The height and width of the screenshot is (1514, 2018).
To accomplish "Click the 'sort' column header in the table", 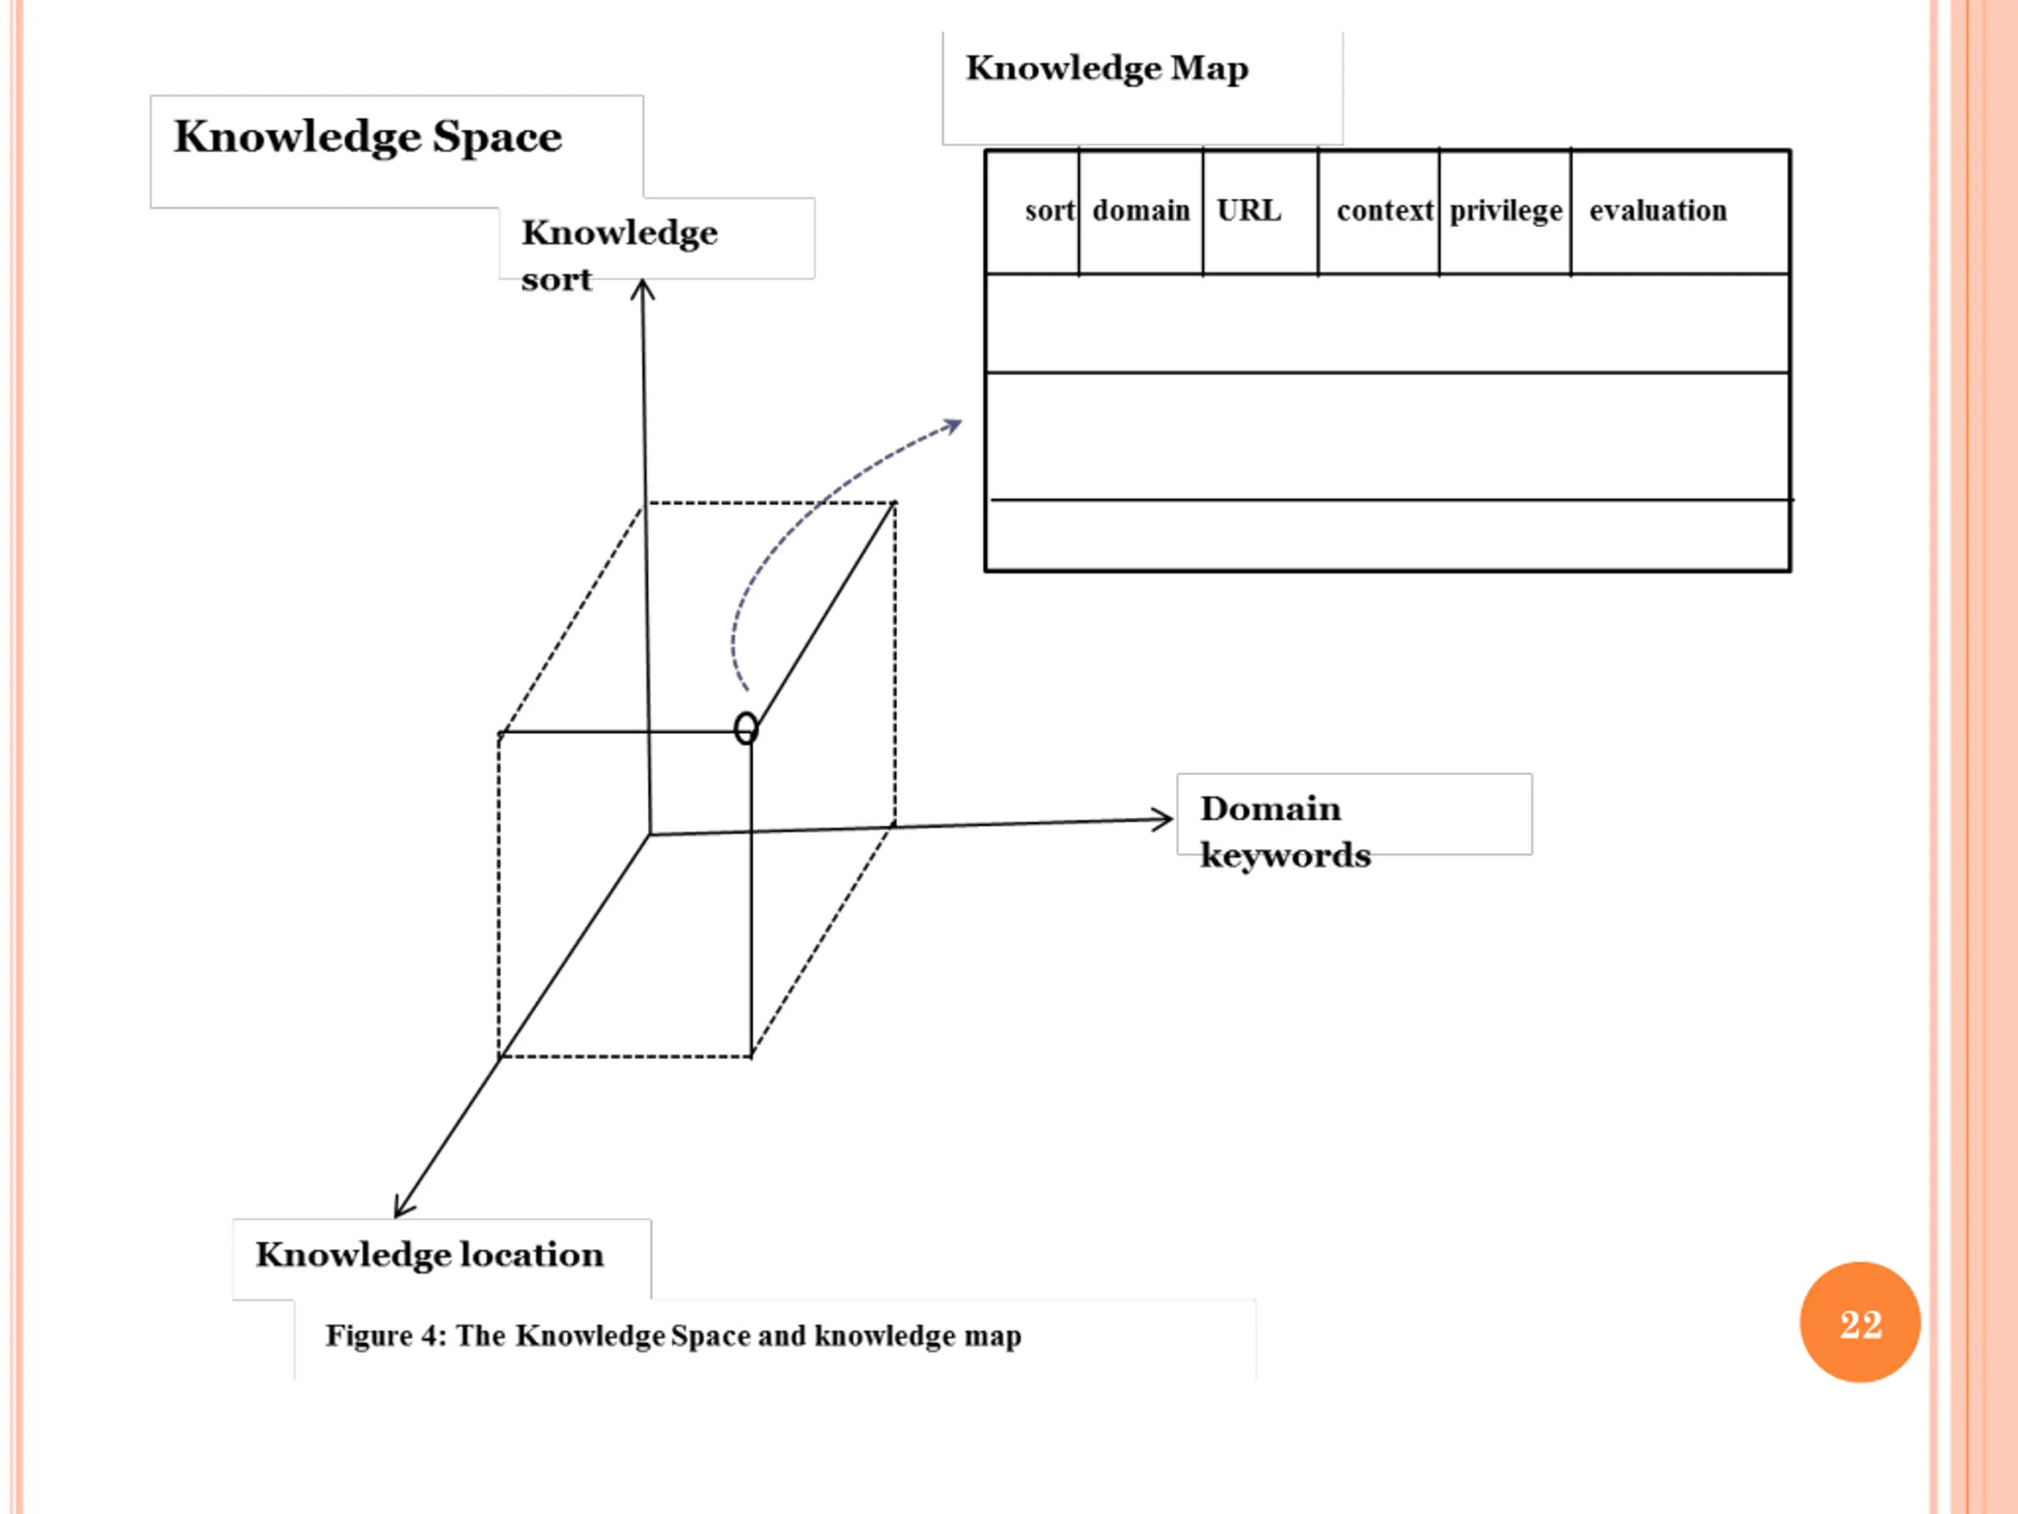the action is [x=1049, y=211].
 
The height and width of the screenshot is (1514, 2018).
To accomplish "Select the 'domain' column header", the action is [x=1141, y=211].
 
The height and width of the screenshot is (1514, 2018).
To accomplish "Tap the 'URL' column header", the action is [x=1249, y=211].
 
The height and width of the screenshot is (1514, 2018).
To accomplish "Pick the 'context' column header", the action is [x=1385, y=211].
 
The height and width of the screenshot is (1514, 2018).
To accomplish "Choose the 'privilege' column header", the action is [x=1506, y=211].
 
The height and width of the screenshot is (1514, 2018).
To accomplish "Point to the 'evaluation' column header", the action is [x=1658, y=211].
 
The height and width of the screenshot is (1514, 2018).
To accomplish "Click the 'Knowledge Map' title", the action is [x=1107, y=69].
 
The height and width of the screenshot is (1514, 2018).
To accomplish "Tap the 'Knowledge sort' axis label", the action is [x=620, y=255].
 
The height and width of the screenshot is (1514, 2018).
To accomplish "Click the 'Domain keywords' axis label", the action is [x=1285, y=831].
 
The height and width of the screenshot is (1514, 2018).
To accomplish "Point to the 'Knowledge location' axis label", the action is [x=430, y=1255].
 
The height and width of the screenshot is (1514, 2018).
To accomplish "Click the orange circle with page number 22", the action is [x=1860, y=1322].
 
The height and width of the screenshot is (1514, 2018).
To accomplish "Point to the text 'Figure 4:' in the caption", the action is [x=386, y=1336].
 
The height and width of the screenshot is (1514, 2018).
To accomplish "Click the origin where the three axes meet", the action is [x=650, y=834].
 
